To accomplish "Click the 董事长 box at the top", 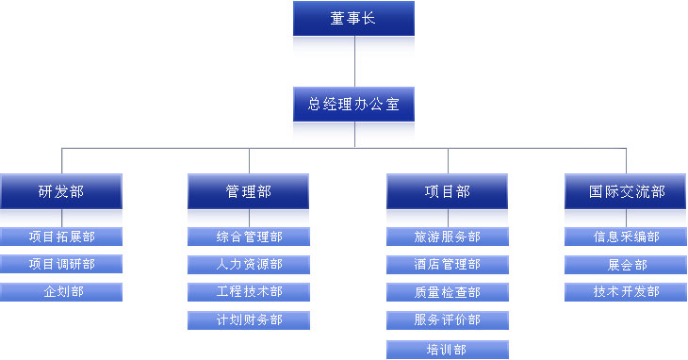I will (353, 18).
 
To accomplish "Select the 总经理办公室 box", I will (353, 104).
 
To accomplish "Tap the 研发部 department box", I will (61, 191).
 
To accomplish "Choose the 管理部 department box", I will (249, 191).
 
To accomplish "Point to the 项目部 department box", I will (448, 191).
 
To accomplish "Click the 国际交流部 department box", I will (627, 191).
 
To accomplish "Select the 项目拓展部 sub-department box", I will (61, 237).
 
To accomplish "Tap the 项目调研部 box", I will (61, 264).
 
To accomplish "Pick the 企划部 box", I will (61, 292).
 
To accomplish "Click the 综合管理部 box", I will (249, 237).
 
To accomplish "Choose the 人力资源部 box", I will (249, 264).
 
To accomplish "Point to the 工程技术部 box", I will (249, 292).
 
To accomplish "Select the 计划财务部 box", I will (249, 320).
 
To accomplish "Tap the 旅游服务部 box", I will (448, 237).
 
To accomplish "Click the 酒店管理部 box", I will (448, 264).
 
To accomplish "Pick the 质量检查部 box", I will (448, 292).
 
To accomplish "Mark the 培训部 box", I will (448, 350).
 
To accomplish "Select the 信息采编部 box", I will (627, 237).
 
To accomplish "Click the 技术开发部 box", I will (627, 292).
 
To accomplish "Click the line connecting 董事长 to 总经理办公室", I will (354, 61).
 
